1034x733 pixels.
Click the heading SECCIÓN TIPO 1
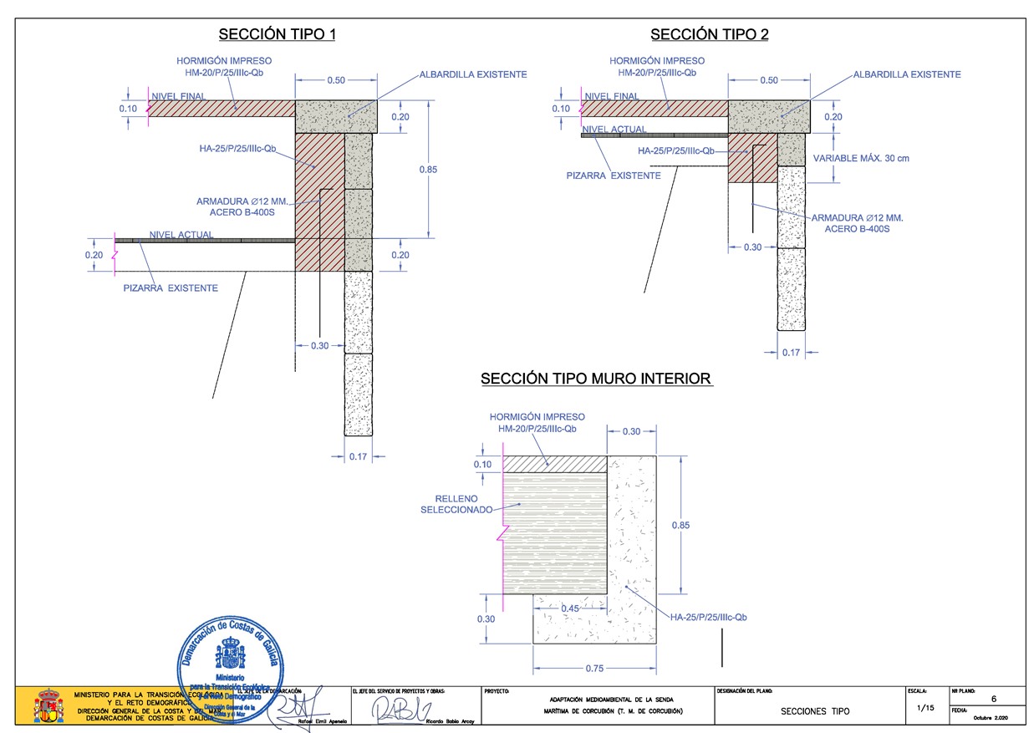(x=277, y=34)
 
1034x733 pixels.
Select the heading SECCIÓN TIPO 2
(x=709, y=34)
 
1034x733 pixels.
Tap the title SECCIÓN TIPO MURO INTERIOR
(x=596, y=379)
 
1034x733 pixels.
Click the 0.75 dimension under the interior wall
(x=594, y=668)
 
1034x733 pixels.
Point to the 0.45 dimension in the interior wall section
(x=571, y=608)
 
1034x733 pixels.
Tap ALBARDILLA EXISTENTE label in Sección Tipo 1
(x=473, y=74)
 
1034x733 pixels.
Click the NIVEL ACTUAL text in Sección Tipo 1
(x=181, y=235)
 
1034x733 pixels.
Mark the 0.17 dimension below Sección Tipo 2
(x=791, y=353)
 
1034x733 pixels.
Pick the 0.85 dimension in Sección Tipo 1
(x=428, y=170)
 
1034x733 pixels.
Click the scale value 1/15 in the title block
(x=926, y=708)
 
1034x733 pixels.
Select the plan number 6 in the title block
(x=993, y=699)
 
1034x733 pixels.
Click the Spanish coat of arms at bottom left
(x=48, y=705)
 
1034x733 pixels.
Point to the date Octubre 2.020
(x=991, y=718)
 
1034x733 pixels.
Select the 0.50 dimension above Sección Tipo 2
(x=768, y=80)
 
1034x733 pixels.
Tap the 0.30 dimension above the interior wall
(x=631, y=431)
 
